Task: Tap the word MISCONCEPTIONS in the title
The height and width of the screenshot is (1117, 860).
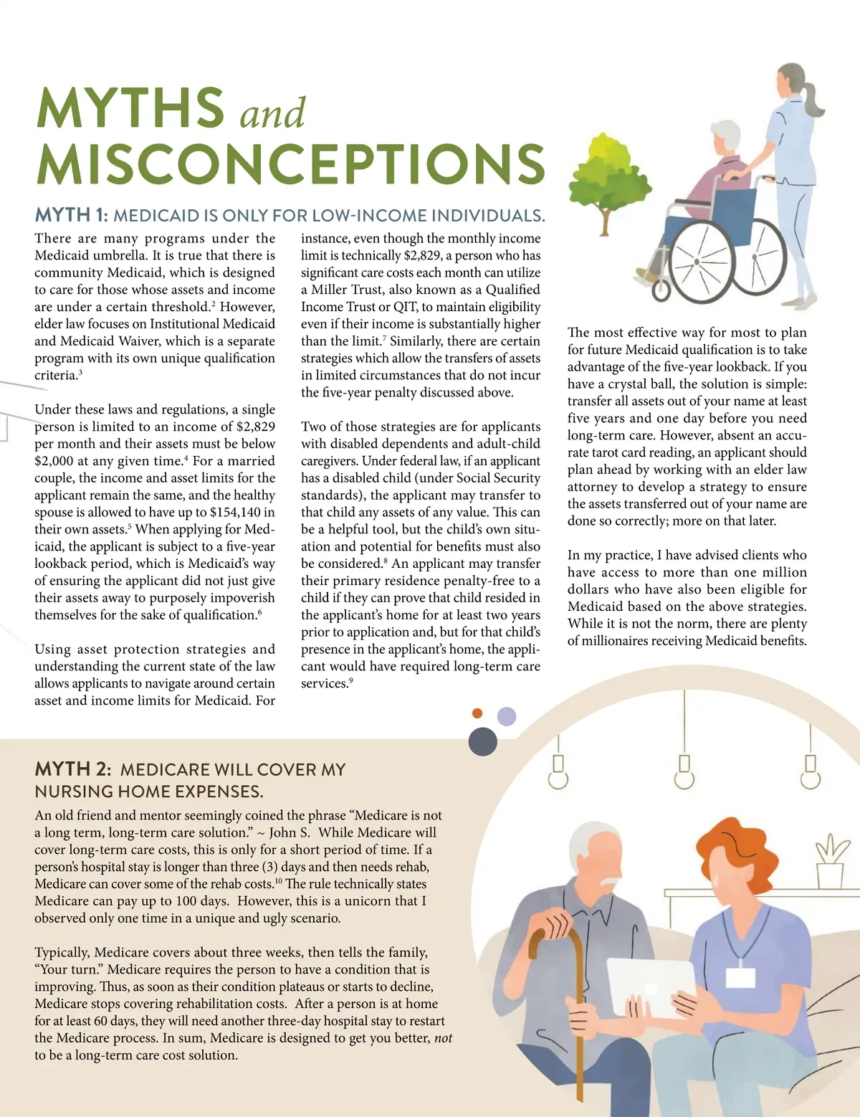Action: [x=290, y=164]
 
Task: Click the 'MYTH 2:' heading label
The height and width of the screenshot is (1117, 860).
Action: [x=73, y=769]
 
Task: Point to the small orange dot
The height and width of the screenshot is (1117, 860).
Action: [x=477, y=713]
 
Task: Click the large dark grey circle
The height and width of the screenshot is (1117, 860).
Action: [x=483, y=741]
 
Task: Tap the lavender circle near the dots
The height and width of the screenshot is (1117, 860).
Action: [x=507, y=716]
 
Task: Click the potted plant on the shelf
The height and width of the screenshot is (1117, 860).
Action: [x=829, y=860]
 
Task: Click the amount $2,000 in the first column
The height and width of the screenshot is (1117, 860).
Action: [x=54, y=461]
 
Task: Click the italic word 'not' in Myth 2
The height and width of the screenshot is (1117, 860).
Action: [x=444, y=1038]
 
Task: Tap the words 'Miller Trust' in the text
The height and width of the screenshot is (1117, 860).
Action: [x=353, y=290]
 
